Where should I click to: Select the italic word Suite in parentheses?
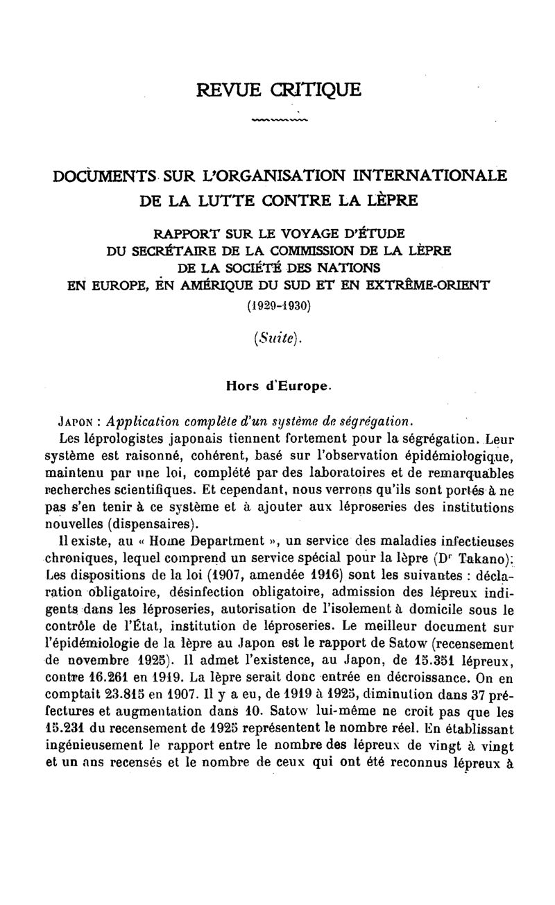[280, 339]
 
